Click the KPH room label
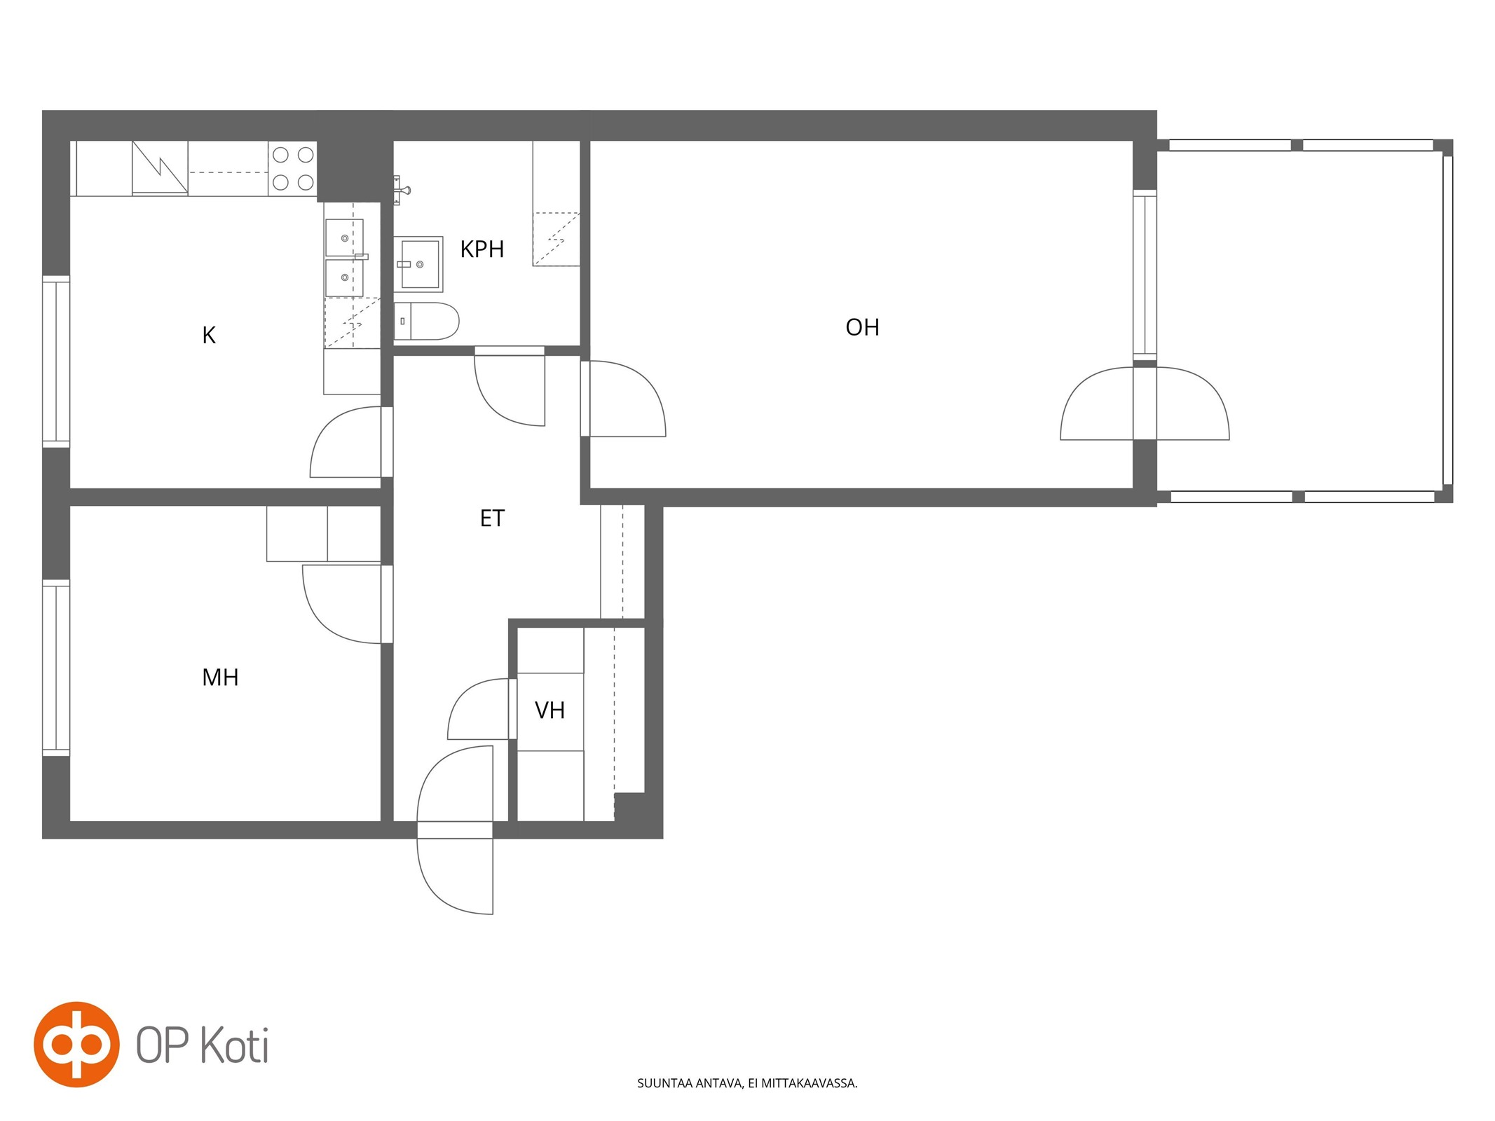(x=482, y=249)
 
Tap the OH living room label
(x=862, y=327)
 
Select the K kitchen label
(x=209, y=336)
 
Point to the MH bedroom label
(x=220, y=678)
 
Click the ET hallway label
(x=492, y=518)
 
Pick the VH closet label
(x=549, y=710)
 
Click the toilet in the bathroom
(x=426, y=322)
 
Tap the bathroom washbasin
(x=418, y=264)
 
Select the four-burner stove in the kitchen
(x=293, y=169)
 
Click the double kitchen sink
(x=344, y=257)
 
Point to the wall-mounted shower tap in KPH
(x=400, y=190)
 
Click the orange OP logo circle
(x=76, y=1045)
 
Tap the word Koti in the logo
(x=234, y=1046)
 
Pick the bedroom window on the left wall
(x=56, y=668)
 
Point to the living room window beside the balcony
(x=1145, y=275)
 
